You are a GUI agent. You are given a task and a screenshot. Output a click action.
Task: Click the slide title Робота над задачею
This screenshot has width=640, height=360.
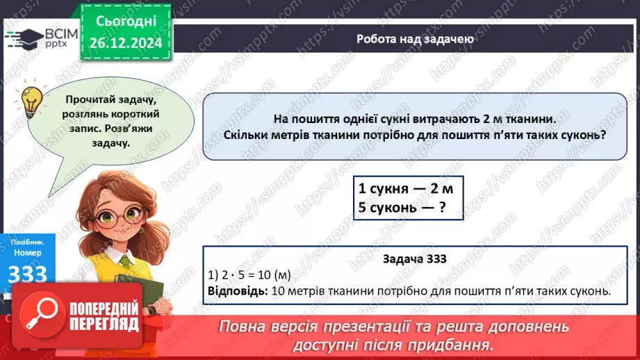pos(415,39)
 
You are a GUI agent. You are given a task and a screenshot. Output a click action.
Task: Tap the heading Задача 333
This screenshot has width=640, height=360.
pos(414,259)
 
